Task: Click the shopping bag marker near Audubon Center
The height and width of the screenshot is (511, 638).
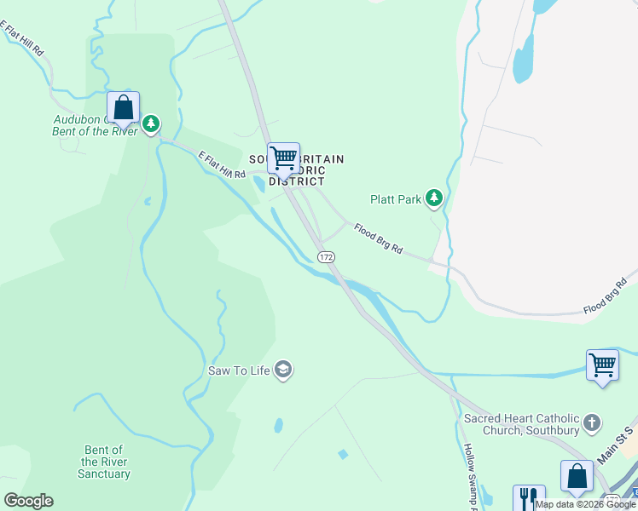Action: tap(123, 107)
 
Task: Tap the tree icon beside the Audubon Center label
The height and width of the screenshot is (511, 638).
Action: tap(151, 125)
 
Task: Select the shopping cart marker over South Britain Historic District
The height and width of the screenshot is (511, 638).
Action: tap(283, 158)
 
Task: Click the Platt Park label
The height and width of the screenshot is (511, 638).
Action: tap(396, 199)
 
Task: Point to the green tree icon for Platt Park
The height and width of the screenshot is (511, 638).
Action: tap(435, 198)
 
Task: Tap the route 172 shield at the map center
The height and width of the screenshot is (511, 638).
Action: tap(325, 256)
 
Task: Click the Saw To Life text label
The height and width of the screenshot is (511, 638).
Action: tap(241, 370)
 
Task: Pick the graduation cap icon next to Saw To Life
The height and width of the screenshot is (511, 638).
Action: tap(284, 370)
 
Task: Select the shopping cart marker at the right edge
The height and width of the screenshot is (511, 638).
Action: tap(602, 365)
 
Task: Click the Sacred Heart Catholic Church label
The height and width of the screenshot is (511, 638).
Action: tap(521, 424)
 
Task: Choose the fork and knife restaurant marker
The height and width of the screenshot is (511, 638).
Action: tap(528, 497)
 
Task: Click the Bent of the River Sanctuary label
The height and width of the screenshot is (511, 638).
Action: tap(105, 462)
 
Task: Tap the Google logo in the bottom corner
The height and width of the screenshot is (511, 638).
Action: tap(28, 501)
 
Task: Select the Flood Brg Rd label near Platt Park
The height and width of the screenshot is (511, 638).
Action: tap(378, 242)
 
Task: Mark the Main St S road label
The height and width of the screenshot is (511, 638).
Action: tap(617, 446)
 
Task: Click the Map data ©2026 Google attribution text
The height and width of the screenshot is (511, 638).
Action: tap(585, 504)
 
